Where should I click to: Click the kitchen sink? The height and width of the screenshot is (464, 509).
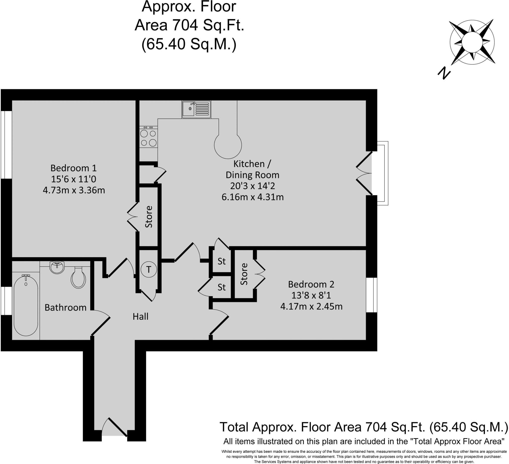point(196,109)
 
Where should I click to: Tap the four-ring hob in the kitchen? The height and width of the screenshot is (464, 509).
point(148,138)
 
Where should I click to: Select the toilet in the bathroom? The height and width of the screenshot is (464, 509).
point(78,277)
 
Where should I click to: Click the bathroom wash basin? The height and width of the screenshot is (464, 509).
point(57,268)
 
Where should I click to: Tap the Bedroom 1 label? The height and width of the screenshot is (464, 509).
point(74,168)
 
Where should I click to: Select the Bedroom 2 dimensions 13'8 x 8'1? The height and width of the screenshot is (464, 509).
point(311,295)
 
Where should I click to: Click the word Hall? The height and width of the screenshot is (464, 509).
point(140,316)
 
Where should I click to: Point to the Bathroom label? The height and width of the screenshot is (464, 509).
point(65,308)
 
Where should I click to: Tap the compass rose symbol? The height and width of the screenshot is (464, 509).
point(472,42)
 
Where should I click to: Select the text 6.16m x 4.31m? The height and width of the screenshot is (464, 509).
point(253,197)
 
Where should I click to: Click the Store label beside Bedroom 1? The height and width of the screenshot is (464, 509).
point(149,217)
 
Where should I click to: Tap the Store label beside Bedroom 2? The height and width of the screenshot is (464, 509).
point(244,274)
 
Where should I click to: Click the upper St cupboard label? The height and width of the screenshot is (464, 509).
point(221,261)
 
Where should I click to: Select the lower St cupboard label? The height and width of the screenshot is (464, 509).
point(221,287)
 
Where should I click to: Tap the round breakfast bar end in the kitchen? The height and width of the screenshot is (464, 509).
point(228,145)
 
